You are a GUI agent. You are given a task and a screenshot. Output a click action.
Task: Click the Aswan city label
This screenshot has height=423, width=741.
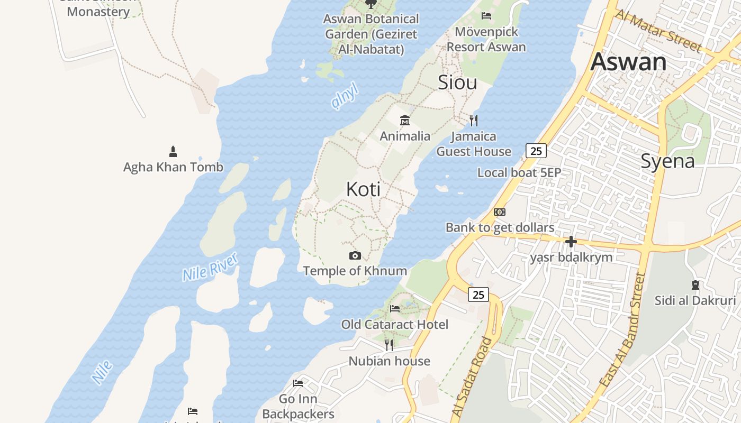pos(628,62)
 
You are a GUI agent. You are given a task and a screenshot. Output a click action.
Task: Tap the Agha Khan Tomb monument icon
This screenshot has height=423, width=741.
pos(173,152)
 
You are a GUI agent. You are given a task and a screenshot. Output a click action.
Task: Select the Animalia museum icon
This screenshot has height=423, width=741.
pos(405,120)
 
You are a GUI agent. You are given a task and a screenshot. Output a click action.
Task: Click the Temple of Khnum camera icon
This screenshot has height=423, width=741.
pos(355,256)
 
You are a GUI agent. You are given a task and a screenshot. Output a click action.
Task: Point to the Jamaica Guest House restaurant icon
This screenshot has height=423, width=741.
pos(474,121)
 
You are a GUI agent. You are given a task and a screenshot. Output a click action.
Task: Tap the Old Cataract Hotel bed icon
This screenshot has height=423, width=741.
pos(395,308)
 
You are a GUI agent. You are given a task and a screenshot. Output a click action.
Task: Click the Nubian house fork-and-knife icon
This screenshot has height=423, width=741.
pos(389,345)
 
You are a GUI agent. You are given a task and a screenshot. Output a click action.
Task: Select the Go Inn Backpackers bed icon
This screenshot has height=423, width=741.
pos(298,383)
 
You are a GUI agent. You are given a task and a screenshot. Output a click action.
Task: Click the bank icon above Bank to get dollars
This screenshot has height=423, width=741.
pos(500,212)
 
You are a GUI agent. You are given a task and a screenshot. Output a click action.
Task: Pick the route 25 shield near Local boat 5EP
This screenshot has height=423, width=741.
pos(536,151)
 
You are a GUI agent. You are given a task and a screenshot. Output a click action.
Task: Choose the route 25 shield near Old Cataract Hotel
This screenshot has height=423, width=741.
pos(478,295)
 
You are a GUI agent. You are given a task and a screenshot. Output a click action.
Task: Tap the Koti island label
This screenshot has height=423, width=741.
pos(363,189)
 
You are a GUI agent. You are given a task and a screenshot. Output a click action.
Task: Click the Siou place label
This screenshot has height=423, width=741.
pos(457,82)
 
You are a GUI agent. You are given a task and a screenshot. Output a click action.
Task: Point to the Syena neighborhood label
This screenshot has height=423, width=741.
pos(667,161)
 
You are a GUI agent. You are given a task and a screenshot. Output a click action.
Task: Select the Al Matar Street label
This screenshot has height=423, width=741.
pos(658,32)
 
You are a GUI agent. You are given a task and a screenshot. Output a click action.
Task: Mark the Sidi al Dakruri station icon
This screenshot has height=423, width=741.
pos(695,285)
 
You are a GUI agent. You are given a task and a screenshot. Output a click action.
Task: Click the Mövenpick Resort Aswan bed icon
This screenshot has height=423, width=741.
pos(486,16)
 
